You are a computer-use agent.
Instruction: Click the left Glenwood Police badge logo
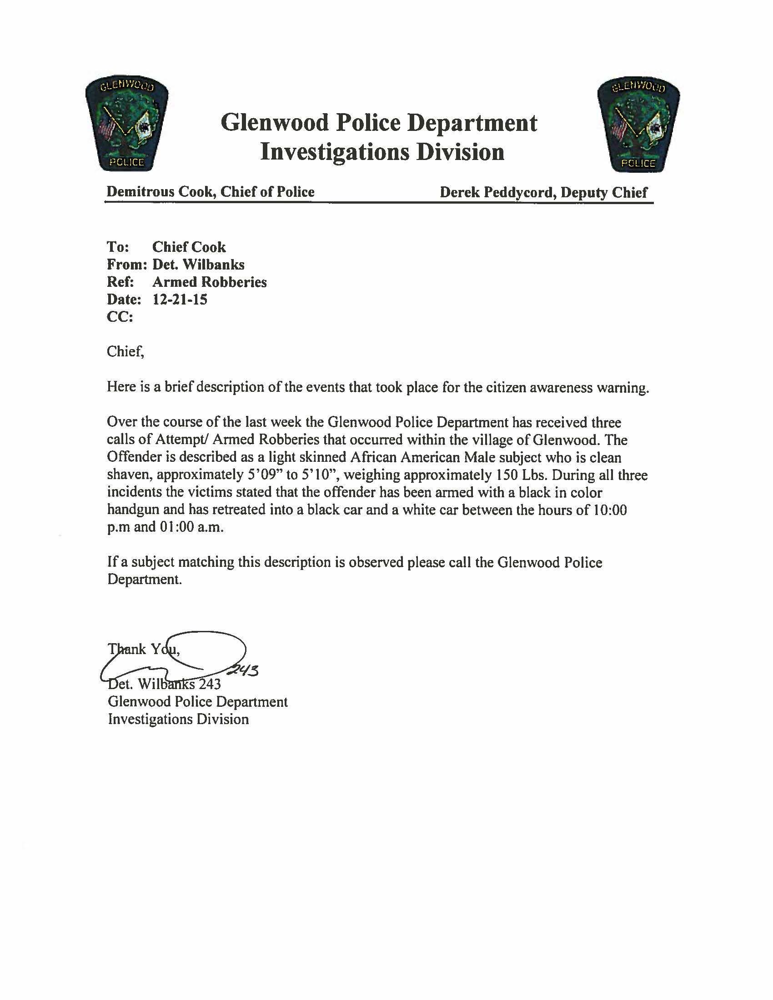tap(126, 124)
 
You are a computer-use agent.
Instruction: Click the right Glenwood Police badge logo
tap(638, 125)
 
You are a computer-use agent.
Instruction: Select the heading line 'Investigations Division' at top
tap(382, 152)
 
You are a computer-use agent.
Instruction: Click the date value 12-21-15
tap(180, 300)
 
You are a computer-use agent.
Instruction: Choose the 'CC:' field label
tap(120, 317)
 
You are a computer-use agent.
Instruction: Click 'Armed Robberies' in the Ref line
tap(209, 282)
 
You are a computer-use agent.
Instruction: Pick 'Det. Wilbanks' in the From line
tap(198, 265)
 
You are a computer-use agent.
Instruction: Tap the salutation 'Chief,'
tap(125, 352)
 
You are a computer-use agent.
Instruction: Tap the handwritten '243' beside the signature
tap(245, 670)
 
